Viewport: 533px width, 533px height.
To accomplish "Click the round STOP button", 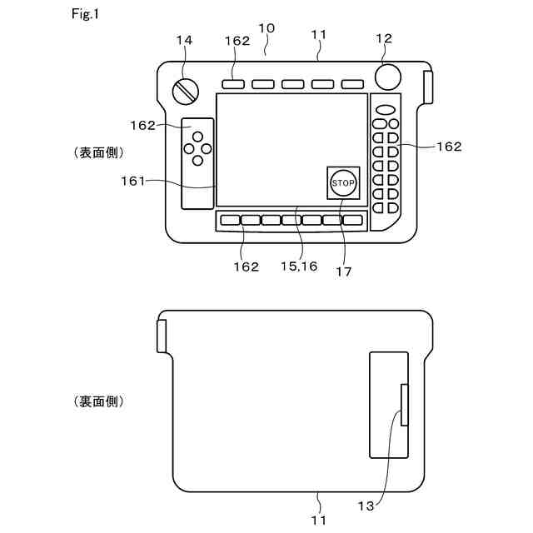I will click(342, 182).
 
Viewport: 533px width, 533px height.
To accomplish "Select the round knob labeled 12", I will click(387, 77).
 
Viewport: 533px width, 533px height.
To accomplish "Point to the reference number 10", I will click(266, 28).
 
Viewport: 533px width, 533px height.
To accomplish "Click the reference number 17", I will click(342, 271).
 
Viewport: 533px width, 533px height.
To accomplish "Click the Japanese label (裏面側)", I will click(99, 401).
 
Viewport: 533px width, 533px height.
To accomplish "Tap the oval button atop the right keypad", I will click(386, 109).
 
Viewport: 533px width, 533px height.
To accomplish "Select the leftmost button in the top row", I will click(234, 84).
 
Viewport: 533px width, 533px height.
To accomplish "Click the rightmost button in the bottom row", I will click(353, 221).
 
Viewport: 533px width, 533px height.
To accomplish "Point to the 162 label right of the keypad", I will click(449, 147).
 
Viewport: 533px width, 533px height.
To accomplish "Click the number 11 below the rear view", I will click(320, 520).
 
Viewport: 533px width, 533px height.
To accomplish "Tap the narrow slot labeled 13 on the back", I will click(405, 405).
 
